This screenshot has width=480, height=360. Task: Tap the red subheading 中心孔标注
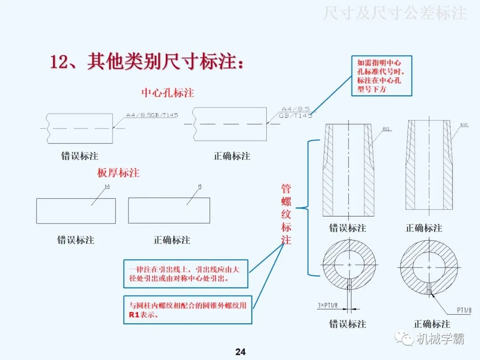coord(168,92)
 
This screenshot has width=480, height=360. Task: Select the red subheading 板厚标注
coord(118,172)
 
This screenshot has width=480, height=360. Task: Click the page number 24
coord(240,352)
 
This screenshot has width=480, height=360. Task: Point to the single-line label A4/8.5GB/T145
coord(152,115)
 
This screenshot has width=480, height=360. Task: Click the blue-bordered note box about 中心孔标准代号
coord(382,76)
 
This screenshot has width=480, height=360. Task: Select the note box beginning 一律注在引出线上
coord(184,274)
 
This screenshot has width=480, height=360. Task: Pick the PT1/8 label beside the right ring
coord(464,310)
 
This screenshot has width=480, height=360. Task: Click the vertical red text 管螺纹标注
coord(286,214)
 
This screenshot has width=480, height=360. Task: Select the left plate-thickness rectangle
coord(76,211)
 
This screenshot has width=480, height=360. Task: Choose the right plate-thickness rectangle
coord(169,210)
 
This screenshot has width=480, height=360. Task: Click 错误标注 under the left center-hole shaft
coord(80,156)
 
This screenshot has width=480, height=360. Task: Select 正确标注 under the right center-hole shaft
coord(232,156)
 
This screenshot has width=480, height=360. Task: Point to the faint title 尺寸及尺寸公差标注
coord(395,13)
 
